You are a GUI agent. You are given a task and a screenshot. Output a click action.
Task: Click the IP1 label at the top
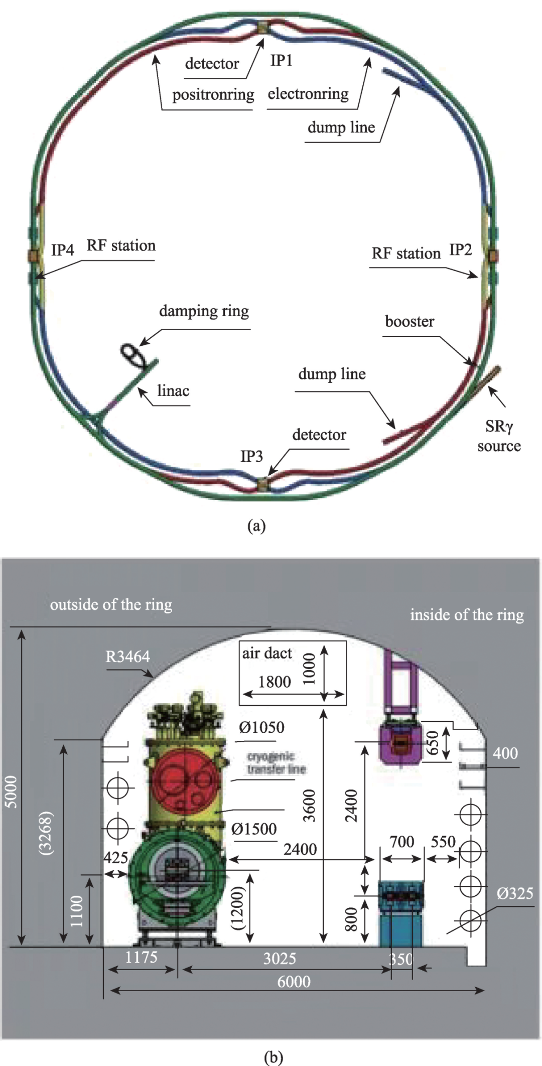coord(281,61)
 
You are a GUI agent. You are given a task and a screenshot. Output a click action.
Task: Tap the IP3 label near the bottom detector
coord(251,456)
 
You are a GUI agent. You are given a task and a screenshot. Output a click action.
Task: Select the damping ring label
coord(204,311)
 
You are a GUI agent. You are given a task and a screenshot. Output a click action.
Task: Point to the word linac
coord(173,390)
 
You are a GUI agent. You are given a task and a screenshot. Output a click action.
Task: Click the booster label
coord(410,321)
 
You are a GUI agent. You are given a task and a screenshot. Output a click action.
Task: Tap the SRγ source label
coord(499,436)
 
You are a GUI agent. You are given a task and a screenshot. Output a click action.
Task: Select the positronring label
coord(213,94)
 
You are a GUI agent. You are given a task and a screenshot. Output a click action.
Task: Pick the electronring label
coord(308,94)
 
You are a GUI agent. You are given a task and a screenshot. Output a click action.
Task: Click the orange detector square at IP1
coord(262,28)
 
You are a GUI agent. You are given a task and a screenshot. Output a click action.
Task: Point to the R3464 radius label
coord(127,656)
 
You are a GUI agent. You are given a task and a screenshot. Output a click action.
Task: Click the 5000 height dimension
coord(11,792)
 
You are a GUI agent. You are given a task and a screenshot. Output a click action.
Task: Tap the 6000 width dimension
coord(294,981)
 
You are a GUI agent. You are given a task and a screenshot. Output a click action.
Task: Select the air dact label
coord(267,653)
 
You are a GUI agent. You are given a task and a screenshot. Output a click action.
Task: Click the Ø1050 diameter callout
coord(261,727)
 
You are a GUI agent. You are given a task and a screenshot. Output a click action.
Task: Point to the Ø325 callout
coord(515,893)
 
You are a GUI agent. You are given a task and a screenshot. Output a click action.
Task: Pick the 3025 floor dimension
coord(280,959)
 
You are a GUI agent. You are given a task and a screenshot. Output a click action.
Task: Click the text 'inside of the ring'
coord(467,615)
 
